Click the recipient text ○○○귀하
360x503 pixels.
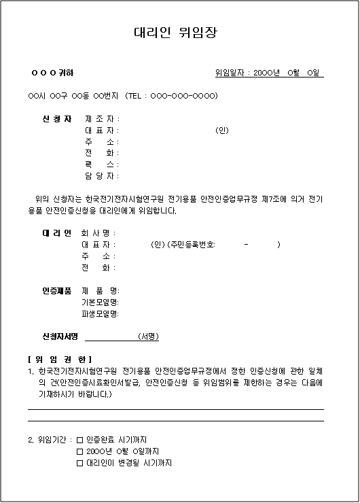(x=53, y=73)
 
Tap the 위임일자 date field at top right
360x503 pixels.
(x=269, y=73)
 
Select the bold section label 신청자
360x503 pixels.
(x=57, y=119)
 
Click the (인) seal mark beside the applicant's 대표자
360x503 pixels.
(x=221, y=131)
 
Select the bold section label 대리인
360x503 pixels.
(x=57, y=233)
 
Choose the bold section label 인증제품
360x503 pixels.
(x=57, y=291)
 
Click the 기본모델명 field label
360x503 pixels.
(x=100, y=302)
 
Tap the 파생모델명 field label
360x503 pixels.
(x=100, y=313)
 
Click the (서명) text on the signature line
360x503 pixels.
(x=148, y=336)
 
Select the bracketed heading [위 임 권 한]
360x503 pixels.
(x=60, y=359)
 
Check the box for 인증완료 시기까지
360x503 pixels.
(x=79, y=440)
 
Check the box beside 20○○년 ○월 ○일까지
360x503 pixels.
(x=79, y=451)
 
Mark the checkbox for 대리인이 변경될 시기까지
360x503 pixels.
(x=79, y=463)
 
